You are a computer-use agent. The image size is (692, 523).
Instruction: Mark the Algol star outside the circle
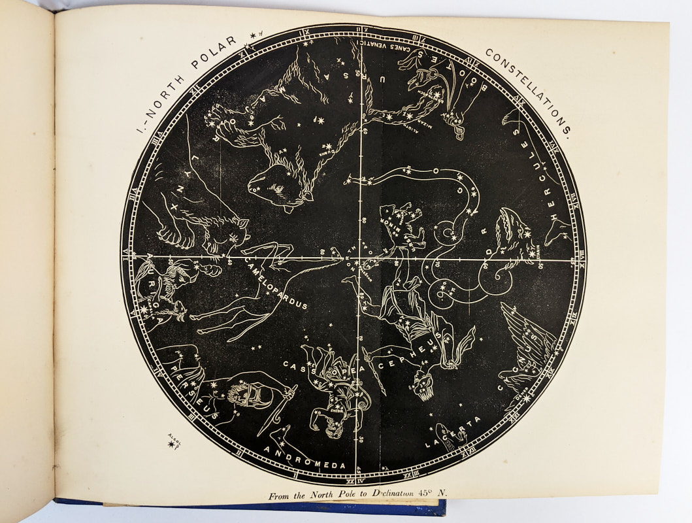[x=173, y=445]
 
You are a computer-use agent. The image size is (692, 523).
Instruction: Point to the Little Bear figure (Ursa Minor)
[x=402, y=226]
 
